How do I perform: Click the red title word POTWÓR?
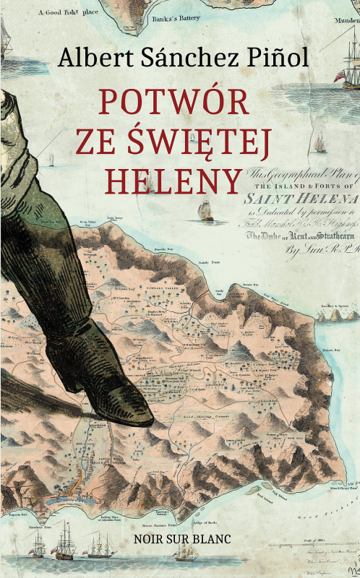coord(173,103)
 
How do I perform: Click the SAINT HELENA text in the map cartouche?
coord(301,197)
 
